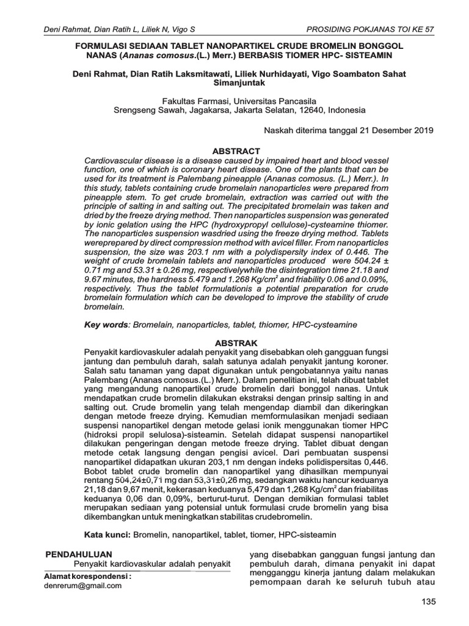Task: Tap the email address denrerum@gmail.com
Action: pos(83,585)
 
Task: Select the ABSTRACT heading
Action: pos(235,150)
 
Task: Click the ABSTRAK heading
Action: pos(235,343)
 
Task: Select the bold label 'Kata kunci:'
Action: pos(107,534)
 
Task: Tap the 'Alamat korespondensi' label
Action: pos(87,576)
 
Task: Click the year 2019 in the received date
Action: pos(422,130)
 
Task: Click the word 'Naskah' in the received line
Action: pos(277,130)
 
